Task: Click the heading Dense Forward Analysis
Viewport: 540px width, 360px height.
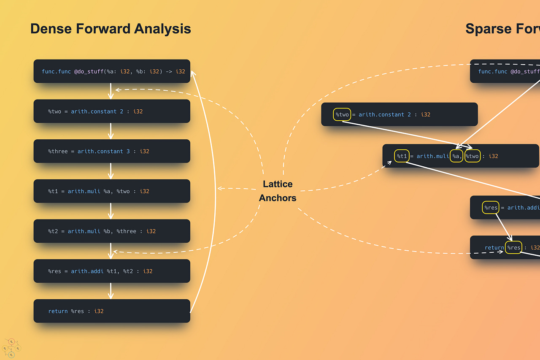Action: [111, 29]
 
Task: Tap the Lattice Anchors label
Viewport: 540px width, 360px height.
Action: [278, 191]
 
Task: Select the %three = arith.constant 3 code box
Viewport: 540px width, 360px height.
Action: [112, 151]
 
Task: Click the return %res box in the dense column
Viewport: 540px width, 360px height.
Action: [112, 311]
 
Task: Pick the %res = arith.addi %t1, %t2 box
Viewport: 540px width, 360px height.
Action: [112, 271]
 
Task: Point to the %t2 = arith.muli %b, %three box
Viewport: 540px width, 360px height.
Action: [112, 231]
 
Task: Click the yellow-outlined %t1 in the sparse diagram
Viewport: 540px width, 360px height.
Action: [401, 156]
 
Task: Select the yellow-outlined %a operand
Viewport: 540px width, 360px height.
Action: [456, 156]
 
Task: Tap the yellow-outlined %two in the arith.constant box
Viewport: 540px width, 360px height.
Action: [342, 114]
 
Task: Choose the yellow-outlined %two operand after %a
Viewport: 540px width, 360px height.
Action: [472, 156]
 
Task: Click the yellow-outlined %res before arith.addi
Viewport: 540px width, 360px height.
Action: [491, 208]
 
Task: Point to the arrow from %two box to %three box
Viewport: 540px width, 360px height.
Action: [111, 131]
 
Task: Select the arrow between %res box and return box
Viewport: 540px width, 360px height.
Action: [111, 291]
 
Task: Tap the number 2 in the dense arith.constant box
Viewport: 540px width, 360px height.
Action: [121, 111]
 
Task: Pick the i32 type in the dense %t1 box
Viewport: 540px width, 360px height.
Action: [144, 191]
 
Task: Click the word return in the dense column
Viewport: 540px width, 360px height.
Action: [58, 311]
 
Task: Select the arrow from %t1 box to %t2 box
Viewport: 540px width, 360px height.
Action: [111, 211]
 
